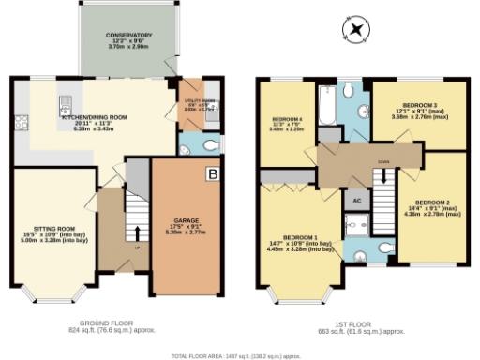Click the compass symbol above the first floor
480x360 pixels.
pyautogui.click(x=355, y=30)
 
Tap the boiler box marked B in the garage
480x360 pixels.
pyautogui.click(x=212, y=174)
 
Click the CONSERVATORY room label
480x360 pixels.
pyautogui.click(x=127, y=39)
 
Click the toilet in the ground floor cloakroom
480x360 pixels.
pyautogui.click(x=187, y=143)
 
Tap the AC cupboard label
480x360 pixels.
pyautogui.click(x=356, y=201)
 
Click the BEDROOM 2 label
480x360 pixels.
pyautogui.click(x=432, y=207)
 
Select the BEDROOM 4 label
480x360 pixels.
pyautogui.click(x=286, y=125)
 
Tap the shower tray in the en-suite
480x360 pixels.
pyautogui.click(x=355, y=226)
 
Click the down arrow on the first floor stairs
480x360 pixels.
pyautogui.click(x=383, y=175)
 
